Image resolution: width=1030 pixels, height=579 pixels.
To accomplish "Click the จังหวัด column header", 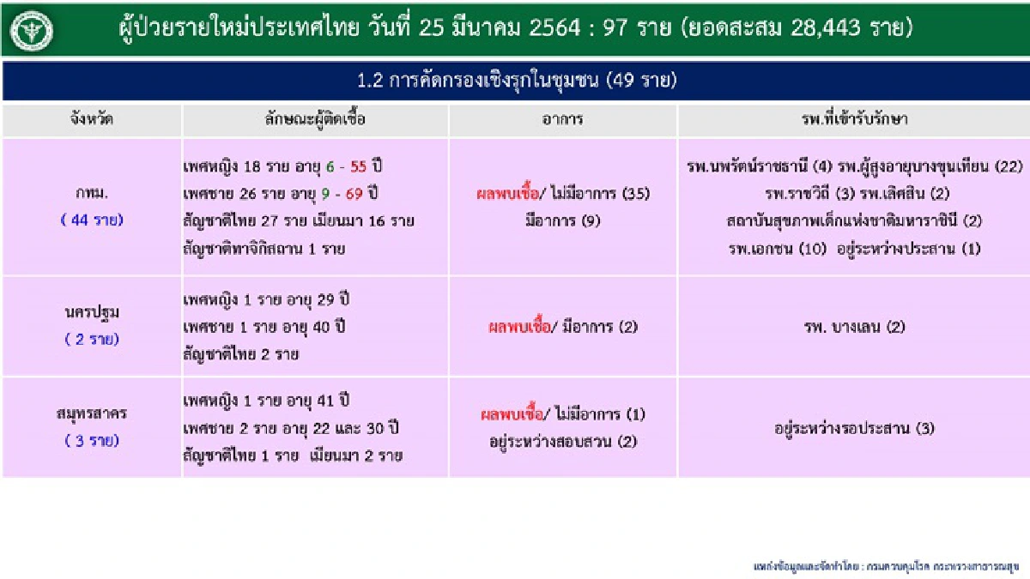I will [x=91, y=119].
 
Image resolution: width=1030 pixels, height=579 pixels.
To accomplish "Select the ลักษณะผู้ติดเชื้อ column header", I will [x=315, y=119].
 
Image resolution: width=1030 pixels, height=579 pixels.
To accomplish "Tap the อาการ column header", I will [x=563, y=119].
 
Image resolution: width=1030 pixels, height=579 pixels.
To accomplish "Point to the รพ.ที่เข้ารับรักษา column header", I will [x=853, y=119].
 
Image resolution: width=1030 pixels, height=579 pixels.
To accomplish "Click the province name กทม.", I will [x=91, y=194].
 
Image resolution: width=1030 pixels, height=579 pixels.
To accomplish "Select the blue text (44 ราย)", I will [x=91, y=220].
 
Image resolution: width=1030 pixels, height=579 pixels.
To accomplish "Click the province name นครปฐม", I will [x=91, y=313].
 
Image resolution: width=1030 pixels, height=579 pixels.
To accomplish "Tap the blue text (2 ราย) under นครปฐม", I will [x=91, y=339].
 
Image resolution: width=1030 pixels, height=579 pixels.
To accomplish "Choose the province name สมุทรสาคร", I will [x=91, y=414].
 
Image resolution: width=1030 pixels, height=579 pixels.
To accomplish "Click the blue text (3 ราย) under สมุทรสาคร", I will [x=91, y=441].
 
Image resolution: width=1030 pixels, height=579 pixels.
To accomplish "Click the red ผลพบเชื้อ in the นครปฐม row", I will [x=517, y=326].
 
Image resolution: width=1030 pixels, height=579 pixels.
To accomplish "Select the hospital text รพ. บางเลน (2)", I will [x=853, y=326].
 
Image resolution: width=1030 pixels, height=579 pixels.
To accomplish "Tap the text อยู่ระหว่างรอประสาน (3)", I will [x=853, y=428].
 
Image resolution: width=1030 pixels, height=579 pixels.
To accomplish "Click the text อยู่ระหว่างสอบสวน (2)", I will [x=562, y=442].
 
